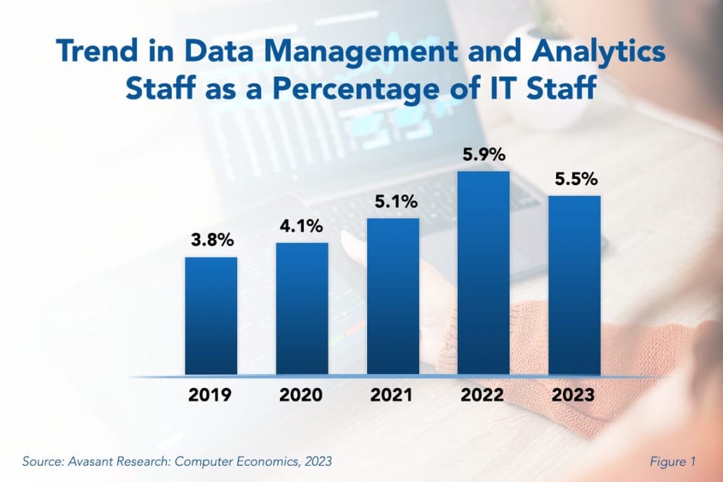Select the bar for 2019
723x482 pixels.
pyautogui.click(x=211, y=316)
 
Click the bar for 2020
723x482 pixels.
pyautogui.click(x=302, y=309)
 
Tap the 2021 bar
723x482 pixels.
pyautogui.click(x=392, y=296)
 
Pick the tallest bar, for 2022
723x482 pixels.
pyautogui.click(x=484, y=273)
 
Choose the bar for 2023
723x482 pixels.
pyautogui.click(x=574, y=285)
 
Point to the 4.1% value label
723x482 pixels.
pyautogui.click(x=302, y=227)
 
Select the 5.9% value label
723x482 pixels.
pyautogui.click(x=484, y=156)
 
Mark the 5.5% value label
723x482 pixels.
pyautogui.click(x=574, y=180)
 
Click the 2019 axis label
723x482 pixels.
pyautogui.click(x=211, y=395)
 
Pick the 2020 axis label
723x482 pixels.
pyautogui.click(x=302, y=395)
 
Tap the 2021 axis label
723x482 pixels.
pyautogui.click(x=392, y=395)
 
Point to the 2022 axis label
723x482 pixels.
pyautogui.click(x=484, y=395)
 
